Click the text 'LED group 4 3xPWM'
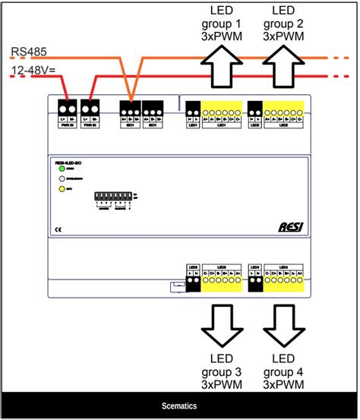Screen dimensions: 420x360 [283, 371]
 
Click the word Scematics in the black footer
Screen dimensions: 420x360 [180, 406]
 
